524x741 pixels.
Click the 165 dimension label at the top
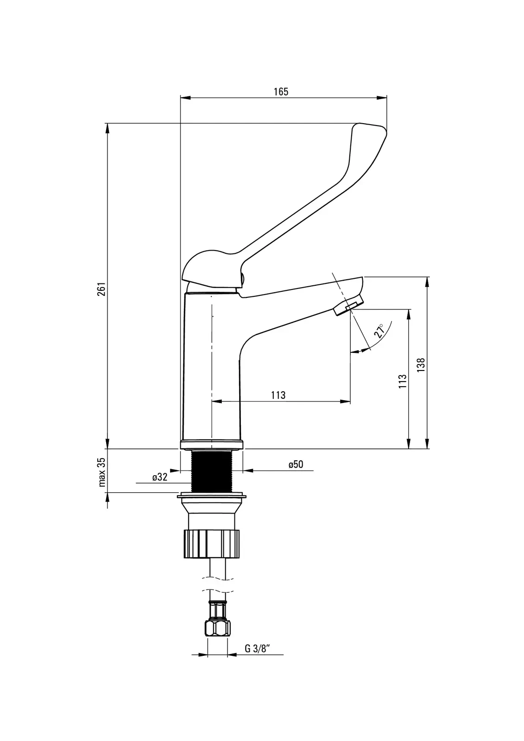pyautogui.click(x=281, y=92)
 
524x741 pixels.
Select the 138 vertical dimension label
pyautogui.click(x=420, y=365)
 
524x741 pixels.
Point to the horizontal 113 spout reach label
pyautogui.click(x=278, y=395)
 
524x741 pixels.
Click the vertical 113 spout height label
pyautogui.click(x=402, y=381)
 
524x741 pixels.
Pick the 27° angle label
pyautogui.click(x=379, y=331)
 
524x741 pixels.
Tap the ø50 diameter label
pyautogui.click(x=296, y=465)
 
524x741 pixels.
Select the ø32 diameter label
pyautogui.click(x=160, y=477)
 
